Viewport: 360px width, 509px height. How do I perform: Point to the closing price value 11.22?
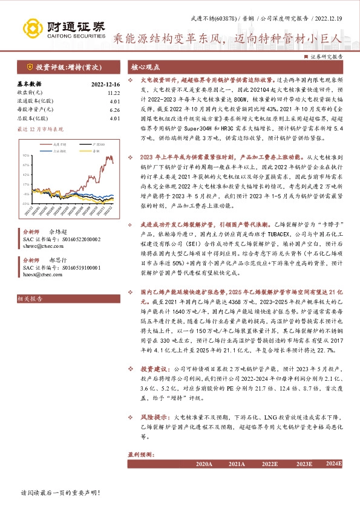click(x=113, y=92)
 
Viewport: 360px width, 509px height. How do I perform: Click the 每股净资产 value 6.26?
click(x=114, y=109)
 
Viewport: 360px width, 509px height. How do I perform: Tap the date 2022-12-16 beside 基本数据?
click(x=106, y=84)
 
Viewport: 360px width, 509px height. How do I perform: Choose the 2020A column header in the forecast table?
click(x=205, y=464)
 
